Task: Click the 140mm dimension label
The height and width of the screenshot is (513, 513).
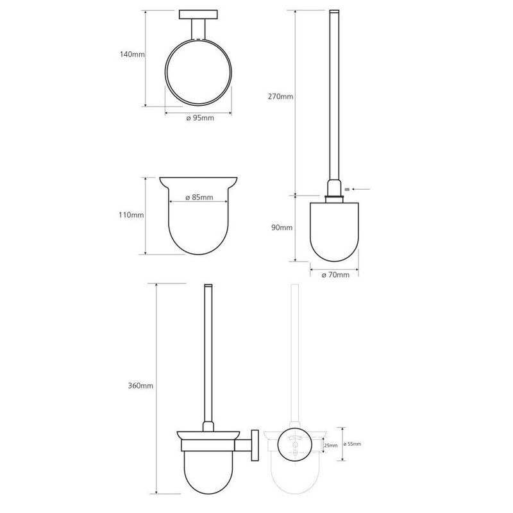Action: coord(132,55)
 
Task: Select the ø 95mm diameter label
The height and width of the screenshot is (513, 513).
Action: coord(200,118)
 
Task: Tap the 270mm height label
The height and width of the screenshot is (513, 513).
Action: coord(280,97)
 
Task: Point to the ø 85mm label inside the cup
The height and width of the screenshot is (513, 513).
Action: coord(199,198)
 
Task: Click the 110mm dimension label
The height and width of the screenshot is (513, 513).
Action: coord(131,215)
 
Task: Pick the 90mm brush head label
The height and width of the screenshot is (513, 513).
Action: coord(282,228)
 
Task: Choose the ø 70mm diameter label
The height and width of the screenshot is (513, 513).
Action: coord(335,275)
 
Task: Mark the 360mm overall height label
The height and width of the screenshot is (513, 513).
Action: coord(140,386)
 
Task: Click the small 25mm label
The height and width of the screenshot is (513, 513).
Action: coord(330,445)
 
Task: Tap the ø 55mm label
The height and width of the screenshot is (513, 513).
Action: coord(352,444)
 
